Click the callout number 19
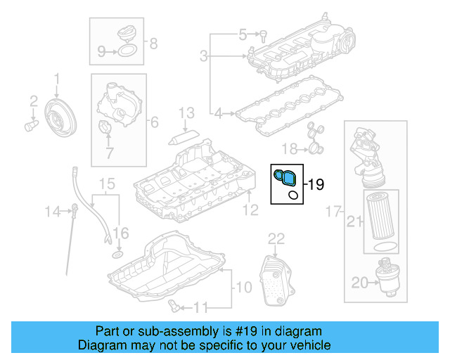click(316, 185)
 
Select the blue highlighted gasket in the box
click(285, 177)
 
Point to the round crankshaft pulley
click(58, 115)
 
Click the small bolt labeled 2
click(30, 127)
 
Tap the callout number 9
click(101, 51)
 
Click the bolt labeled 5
click(263, 34)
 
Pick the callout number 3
click(203, 56)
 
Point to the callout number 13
click(186, 112)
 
